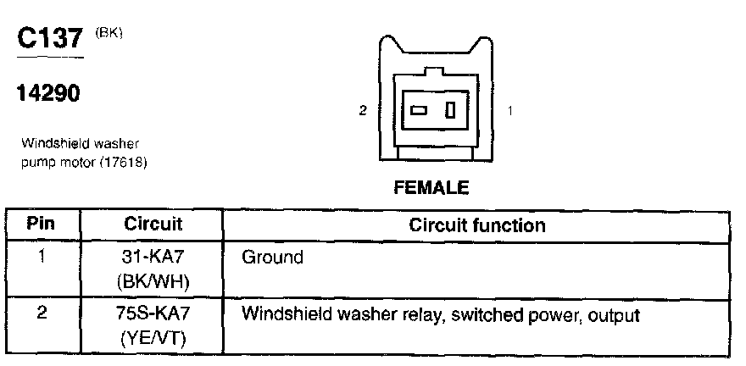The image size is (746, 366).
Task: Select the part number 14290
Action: pyautogui.click(x=47, y=94)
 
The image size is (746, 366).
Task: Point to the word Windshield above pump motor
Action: pyautogui.click(x=47, y=144)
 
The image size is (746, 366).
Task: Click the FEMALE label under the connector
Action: pyautogui.click(x=431, y=188)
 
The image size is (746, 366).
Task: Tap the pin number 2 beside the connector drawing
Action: pyautogui.click(x=363, y=110)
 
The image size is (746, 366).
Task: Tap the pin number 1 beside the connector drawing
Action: pyautogui.click(x=508, y=110)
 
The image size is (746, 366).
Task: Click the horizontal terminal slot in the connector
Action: pyautogui.click(x=419, y=110)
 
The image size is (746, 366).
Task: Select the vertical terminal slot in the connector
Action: pyautogui.click(x=451, y=110)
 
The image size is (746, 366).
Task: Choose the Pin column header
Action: pyautogui.click(x=42, y=226)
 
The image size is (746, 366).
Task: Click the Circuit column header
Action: pyautogui.click(x=153, y=226)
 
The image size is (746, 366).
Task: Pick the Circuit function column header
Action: pyautogui.click(x=477, y=226)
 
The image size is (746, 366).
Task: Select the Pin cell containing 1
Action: pyautogui.click(x=42, y=256)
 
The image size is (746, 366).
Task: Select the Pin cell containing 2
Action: pyautogui.click(x=42, y=314)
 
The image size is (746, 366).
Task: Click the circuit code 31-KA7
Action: pyautogui.click(x=153, y=256)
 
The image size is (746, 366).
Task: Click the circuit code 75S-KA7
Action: pyautogui.click(x=153, y=314)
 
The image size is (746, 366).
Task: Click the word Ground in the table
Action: pyautogui.click(x=272, y=256)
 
